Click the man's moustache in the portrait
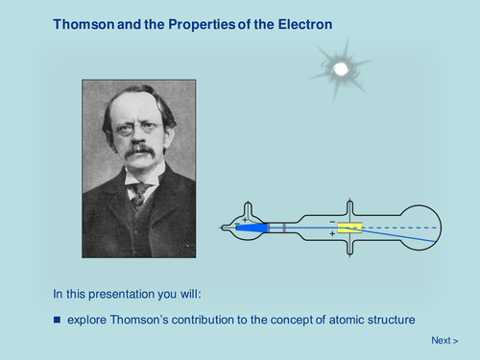coord(140,151)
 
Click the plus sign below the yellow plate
coord(332,234)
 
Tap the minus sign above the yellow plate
coord(332,220)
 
